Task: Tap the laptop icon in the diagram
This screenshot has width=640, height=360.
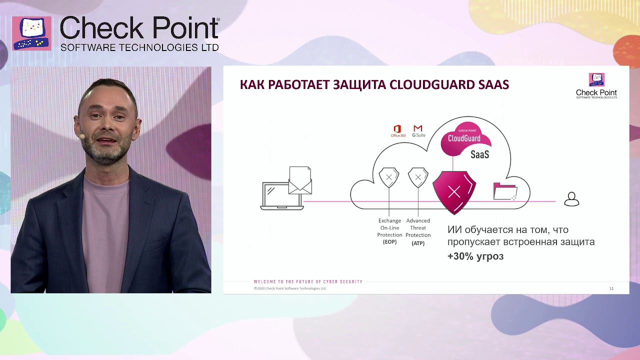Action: pyautogui.click(x=281, y=196)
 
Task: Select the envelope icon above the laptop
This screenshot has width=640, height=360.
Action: pyautogui.click(x=300, y=180)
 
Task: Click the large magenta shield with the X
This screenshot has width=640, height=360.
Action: pyautogui.click(x=454, y=192)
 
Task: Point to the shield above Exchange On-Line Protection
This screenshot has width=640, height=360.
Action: pyautogui.click(x=389, y=177)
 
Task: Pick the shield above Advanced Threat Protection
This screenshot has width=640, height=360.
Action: pyautogui.click(x=418, y=177)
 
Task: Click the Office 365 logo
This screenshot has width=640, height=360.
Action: pyautogui.click(x=398, y=131)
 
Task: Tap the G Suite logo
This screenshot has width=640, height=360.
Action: pyautogui.click(x=418, y=131)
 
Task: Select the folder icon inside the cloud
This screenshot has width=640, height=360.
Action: pyautogui.click(x=505, y=191)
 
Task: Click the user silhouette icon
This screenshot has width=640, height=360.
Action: pyautogui.click(x=571, y=199)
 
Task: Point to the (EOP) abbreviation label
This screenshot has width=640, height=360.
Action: pyautogui.click(x=389, y=242)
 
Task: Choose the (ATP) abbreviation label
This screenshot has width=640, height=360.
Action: pyautogui.click(x=418, y=243)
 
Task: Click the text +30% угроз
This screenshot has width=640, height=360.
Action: pyautogui.click(x=475, y=256)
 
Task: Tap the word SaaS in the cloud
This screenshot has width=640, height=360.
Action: pyautogui.click(x=479, y=154)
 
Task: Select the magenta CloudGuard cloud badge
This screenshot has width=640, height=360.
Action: pyautogui.click(x=465, y=137)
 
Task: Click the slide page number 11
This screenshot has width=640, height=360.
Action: pyautogui.click(x=611, y=288)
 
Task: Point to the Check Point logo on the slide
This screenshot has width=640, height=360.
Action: pyautogui.click(x=596, y=86)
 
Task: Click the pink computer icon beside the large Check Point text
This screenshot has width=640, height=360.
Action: pyautogui.click(x=31, y=33)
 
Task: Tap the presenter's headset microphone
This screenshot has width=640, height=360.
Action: pyautogui.click(x=80, y=136)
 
